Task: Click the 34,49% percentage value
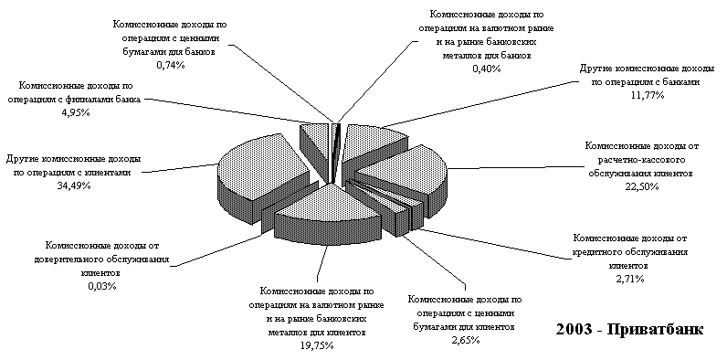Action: click(74, 186)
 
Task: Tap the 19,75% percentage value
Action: click(318, 345)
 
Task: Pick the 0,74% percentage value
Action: click(170, 66)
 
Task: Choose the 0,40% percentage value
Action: click(486, 69)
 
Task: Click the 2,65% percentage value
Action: click(465, 340)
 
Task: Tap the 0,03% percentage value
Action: click(102, 286)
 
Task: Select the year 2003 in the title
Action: click(574, 329)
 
